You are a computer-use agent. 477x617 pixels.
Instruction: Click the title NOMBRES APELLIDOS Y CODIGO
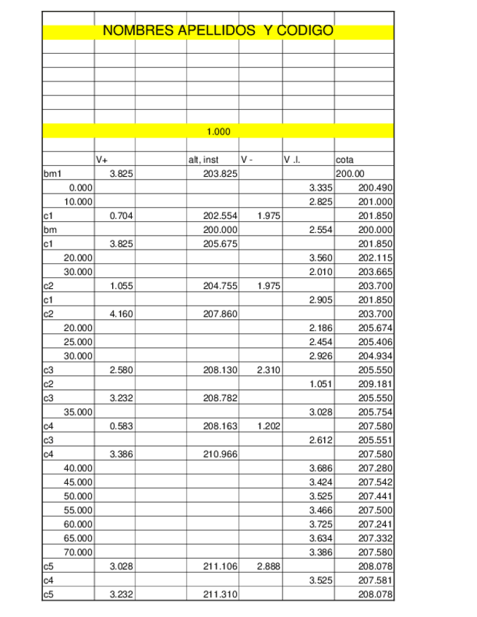tap(218, 31)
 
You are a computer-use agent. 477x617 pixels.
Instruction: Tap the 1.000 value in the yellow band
tap(218, 132)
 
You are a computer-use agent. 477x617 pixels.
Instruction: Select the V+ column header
tap(102, 160)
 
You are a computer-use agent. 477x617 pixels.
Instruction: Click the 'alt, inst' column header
tap(203, 160)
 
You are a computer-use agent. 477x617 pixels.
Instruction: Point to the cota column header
tap(344, 160)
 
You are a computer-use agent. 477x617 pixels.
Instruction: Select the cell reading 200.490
tap(376, 188)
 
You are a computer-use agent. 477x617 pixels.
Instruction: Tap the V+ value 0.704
tap(121, 216)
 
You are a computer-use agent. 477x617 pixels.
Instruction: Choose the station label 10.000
tap(79, 202)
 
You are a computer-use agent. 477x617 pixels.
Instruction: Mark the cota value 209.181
tap(376, 384)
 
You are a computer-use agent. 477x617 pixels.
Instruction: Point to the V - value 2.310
tap(269, 370)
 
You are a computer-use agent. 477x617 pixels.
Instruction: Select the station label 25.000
tap(79, 342)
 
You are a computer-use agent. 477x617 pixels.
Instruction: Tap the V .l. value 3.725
tap(321, 525)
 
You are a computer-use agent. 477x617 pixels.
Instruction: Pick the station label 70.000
tap(79, 552)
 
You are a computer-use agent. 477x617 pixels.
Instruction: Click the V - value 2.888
tap(269, 566)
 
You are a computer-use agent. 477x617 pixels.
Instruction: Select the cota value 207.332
tap(376, 538)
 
